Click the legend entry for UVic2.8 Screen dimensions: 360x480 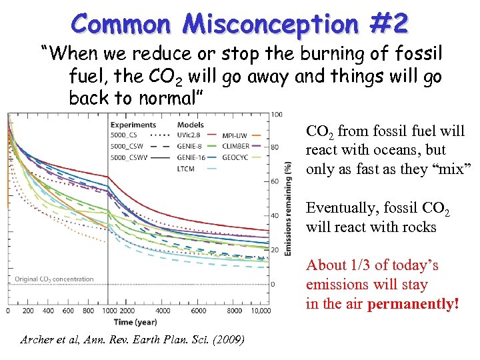[191, 135]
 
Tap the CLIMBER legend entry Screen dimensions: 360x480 [235, 146]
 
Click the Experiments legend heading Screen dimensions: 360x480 [133, 125]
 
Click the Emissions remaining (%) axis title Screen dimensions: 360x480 [289, 209]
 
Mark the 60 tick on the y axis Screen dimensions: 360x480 [275, 181]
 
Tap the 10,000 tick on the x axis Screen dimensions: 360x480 [261, 311]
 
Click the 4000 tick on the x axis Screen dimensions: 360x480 [163, 311]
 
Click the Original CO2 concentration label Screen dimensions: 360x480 [54, 279]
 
